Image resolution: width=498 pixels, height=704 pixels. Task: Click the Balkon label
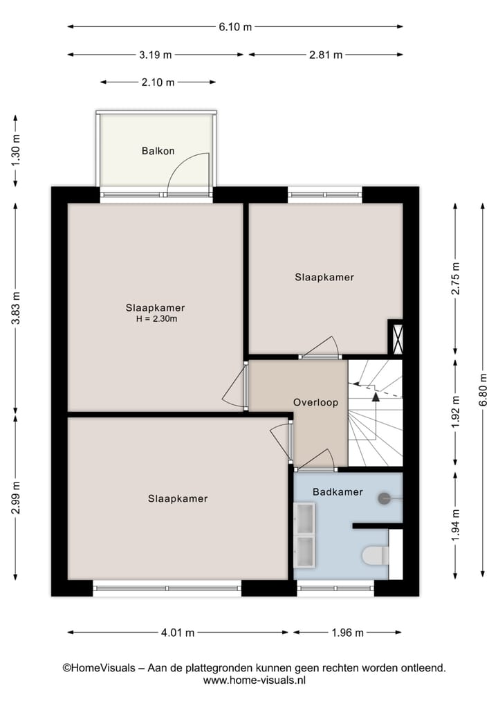pyautogui.click(x=158, y=150)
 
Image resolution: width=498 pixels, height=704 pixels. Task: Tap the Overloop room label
pyautogui.click(x=315, y=401)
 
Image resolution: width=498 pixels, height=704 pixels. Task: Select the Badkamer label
pyautogui.click(x=338, y=492)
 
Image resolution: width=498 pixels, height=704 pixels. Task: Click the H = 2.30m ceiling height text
pyautogui.click(x=155, y=319)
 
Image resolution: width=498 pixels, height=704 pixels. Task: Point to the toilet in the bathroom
pyautogui.click(x=375, y=555)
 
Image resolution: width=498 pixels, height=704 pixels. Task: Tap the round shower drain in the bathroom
pyautogui.click(x=384, y=498)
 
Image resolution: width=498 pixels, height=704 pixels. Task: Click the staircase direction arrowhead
pyautogui.click(x=376, y=397)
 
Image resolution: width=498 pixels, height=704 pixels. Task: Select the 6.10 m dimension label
pyautogui.click(x=235, y=27)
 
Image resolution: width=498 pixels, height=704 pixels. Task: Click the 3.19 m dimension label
pyautogui.click(x=156, y=55)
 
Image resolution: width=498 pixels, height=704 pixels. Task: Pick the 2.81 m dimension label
pyautogui.click(x=326, y=55)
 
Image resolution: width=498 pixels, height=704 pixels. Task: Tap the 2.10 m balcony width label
pyautogui.click(x=157, y=82)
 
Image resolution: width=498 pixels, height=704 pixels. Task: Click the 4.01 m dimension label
pyautogui.click(x=178, y=632)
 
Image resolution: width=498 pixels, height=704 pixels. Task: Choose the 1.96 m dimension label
pyautogui.click(x=347, y=632)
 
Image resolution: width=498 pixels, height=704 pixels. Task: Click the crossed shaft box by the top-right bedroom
pyautogui.click(x=396, y=339)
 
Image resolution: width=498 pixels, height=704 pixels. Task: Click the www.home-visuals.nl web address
pyautogui.click(x=254, y=680)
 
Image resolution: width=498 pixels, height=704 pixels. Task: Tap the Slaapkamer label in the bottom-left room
pyautogui.click(x=178, y=498)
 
